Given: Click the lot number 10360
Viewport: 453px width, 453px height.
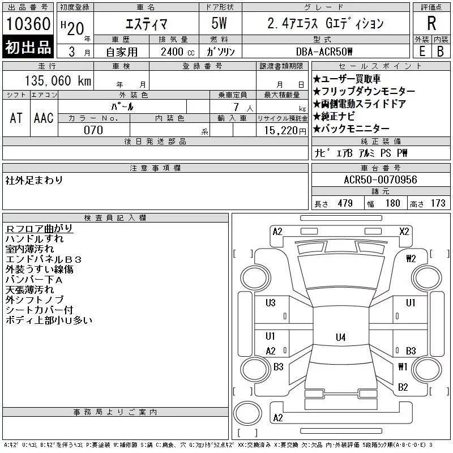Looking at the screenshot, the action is tap(28, 24).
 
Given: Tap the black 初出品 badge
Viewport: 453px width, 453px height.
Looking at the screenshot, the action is tap(28, 47).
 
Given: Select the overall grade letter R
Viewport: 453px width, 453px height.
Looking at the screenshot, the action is tap(431, 23).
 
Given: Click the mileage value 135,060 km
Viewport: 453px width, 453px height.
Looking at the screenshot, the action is tap(58, 80).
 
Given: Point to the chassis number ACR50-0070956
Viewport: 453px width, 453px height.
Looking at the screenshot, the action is tap(381, 180).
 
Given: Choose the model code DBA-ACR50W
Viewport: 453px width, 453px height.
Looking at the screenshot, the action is tap(324, 52).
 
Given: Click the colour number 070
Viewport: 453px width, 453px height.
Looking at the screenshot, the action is tap(93, 130).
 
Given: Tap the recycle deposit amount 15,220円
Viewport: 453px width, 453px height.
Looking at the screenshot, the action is tap(285, 131).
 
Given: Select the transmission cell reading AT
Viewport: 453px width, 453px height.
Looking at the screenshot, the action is tap(16, 118).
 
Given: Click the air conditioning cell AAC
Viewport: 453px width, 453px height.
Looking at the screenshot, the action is tap(44, 118).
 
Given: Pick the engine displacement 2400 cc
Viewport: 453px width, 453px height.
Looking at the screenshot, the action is tap(177, 52).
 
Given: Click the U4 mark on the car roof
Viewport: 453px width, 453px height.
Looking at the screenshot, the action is tap(341, 337).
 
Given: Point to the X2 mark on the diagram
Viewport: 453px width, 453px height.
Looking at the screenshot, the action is tap(404, 232).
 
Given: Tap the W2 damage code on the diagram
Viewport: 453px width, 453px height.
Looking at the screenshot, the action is tap(411, 258).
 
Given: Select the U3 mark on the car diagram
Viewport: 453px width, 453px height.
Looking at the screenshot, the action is tap(271, 303).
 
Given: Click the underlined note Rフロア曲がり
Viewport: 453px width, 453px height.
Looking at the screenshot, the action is tap(39, 229).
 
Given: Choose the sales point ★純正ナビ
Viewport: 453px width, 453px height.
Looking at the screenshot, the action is tap(334, 116).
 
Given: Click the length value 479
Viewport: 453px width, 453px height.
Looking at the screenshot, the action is tap(345, 203).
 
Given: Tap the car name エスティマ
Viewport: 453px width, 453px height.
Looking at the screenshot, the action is tap(146, 24).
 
